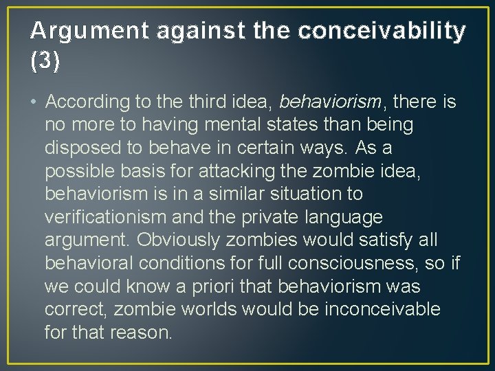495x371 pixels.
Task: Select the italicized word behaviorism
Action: pyautogui.click(x=330, y=102)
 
